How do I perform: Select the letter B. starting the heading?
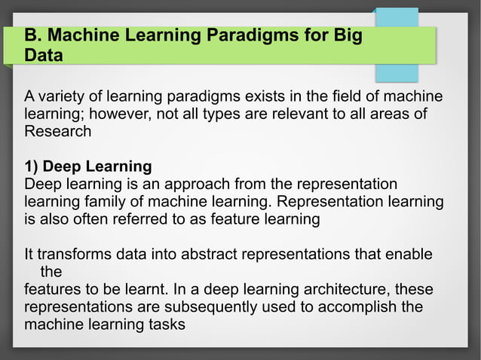coord(32,35)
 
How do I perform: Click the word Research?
coord(58,131)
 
